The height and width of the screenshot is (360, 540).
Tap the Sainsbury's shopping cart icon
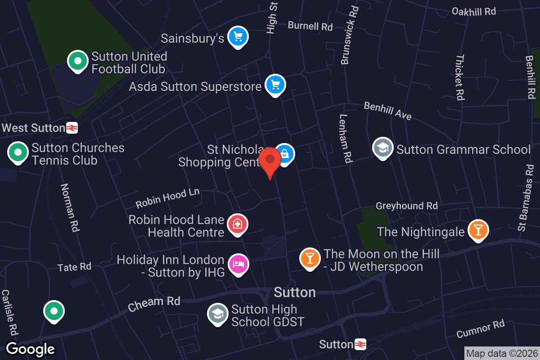tap(238, 36)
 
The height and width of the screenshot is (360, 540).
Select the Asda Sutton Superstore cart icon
tap(275, 84)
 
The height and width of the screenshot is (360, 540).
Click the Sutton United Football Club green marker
tap(78, 60)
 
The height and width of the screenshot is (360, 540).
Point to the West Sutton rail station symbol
tap(72, 128)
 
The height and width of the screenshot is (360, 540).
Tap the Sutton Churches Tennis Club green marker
tap(18, 152)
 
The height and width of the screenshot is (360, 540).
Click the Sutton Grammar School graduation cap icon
tap(382, 147)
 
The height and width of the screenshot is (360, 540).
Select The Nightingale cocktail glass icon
tap(477, 230)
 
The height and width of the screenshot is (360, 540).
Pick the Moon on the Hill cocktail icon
tap(310, 258)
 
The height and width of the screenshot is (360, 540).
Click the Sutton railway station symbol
tap(360, 345)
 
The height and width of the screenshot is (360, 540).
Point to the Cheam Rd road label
tap(154, 304)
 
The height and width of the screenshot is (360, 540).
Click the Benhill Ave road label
tap(387, 111)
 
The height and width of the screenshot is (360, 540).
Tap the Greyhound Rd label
tap(406, 206)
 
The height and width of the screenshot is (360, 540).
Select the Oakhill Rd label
tap(474, 12)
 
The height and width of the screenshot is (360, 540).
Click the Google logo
tap(31, 349)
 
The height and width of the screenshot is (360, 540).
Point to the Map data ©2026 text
tap(501, 353)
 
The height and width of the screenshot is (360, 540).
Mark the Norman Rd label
tap(70, 207)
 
